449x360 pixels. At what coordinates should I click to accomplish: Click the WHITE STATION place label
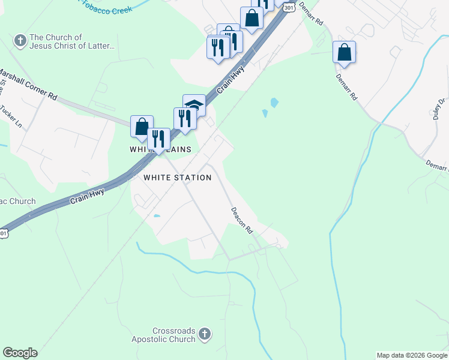177,178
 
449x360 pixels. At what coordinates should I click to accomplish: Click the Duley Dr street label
439,109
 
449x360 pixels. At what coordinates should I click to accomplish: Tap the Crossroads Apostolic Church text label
166,335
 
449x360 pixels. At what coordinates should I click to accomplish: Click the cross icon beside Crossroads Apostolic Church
205,334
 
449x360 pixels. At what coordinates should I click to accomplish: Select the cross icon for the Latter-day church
19,41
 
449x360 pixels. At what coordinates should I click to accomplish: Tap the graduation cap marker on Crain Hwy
194,105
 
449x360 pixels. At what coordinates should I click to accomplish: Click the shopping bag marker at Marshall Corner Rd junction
142,126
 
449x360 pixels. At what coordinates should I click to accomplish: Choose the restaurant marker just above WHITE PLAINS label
158,139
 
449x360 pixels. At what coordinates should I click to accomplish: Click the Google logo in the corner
20,353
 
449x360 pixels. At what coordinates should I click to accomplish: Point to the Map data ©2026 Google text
412,355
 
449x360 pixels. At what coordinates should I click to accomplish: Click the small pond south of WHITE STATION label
157,216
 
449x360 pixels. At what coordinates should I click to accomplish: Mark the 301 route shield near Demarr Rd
289,7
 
